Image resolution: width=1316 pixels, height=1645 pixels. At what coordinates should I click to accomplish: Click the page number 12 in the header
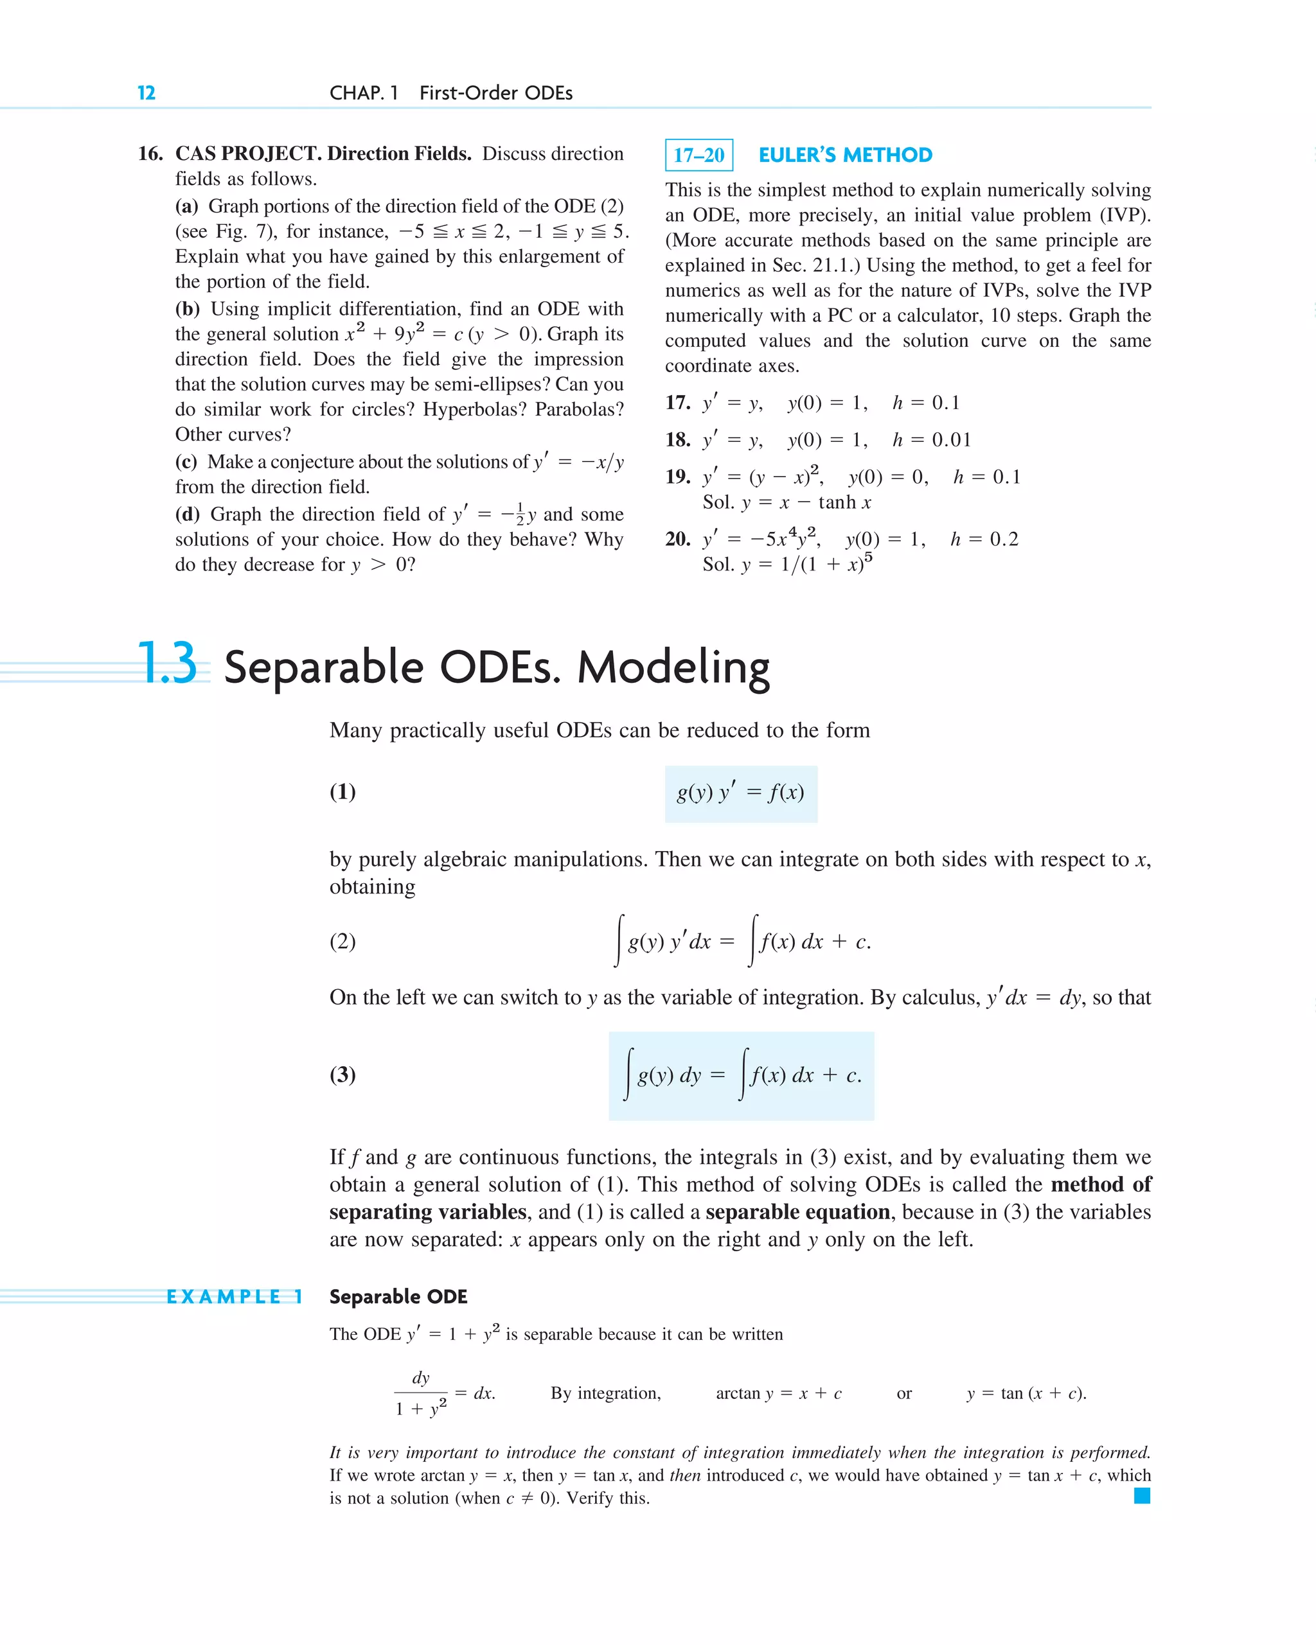(x=146, y=93)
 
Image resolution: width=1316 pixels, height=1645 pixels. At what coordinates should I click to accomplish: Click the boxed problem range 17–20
(x=698, y=155)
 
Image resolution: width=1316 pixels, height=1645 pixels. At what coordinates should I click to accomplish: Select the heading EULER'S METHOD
(x=845, y=155)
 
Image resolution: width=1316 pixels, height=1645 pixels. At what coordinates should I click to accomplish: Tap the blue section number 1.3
(x=168, y=664)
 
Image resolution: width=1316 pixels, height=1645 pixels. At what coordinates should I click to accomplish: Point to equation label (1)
(x=342, y=792)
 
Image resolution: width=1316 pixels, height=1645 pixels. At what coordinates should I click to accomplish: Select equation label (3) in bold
(x=342, y=1074)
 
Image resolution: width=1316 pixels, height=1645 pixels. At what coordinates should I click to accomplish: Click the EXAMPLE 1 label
(x=235, y=1296)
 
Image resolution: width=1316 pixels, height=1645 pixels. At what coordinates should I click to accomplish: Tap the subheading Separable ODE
(x=398, y=1296)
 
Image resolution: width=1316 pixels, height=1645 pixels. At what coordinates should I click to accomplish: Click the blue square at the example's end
(x=1141, y=1496)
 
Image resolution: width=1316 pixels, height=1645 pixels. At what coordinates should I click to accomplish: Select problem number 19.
(x=677, y=477)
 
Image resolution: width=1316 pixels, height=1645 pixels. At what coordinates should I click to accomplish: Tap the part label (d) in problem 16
(x=187, y=515)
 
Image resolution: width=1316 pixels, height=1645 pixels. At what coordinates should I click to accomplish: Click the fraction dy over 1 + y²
(x=422, y=1393)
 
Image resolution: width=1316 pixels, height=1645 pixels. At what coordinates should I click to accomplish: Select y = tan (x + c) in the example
(x=1026, y=1393)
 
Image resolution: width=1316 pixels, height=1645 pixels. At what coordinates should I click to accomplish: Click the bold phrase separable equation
(x=797, y=1211)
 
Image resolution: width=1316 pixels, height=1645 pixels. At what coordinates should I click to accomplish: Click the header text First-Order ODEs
(x=496, y=93)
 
